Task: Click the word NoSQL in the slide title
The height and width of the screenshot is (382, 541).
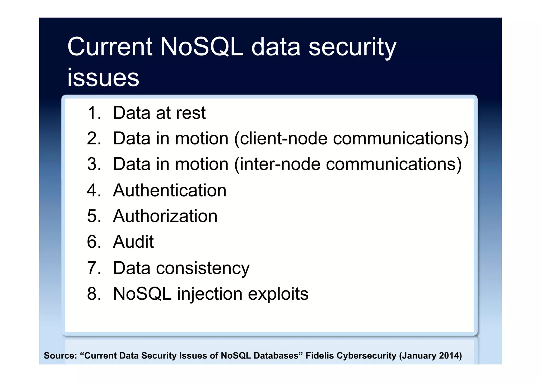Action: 201,47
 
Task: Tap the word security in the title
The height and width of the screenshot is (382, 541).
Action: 352,48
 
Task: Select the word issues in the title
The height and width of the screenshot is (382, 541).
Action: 103,78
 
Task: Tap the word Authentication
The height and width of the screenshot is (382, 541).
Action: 170,190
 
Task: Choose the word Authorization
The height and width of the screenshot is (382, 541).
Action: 165,216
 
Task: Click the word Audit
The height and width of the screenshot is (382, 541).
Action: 133,242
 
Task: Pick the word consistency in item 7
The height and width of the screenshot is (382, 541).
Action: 203,268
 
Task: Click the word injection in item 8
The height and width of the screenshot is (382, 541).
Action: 209,294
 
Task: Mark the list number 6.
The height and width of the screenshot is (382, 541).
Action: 94,242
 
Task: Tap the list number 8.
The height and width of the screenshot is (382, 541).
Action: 94,294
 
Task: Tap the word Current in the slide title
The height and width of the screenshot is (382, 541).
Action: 110,47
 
